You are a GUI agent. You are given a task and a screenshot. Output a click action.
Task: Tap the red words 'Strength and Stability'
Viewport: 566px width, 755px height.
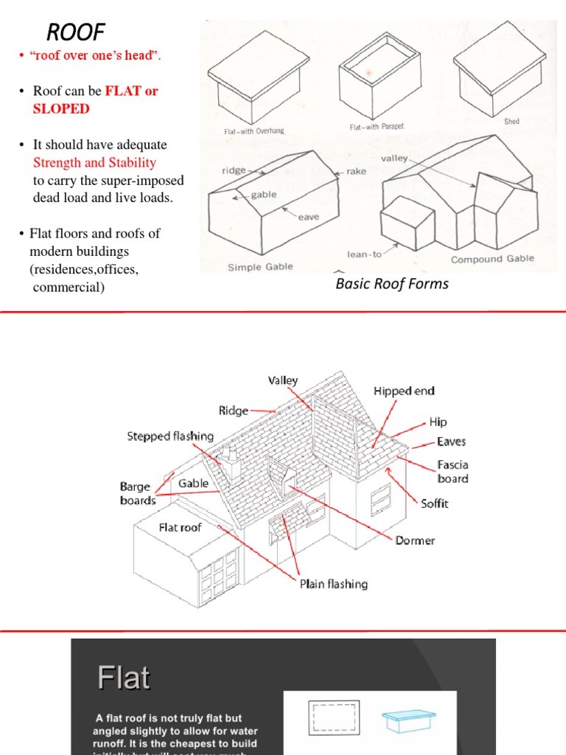pos(94,162)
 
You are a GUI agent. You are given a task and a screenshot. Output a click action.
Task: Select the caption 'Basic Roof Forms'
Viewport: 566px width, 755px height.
pos(391,284)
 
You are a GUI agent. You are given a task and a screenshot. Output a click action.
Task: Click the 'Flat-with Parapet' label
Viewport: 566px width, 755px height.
pos(376,127)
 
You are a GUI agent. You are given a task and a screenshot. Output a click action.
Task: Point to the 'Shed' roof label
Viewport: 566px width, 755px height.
pos(511,122)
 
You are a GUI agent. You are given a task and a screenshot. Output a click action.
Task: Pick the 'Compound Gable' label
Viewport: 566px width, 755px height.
pos(492,260)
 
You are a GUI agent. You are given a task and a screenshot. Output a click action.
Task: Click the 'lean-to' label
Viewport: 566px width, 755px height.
pos(365,254)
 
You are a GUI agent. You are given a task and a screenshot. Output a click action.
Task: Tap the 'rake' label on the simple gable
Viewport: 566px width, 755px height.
pos(356,171)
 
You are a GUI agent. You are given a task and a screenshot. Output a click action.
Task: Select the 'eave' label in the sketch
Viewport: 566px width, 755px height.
pos(308,217)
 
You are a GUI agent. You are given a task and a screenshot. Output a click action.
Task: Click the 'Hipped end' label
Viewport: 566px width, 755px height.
pos(404,391)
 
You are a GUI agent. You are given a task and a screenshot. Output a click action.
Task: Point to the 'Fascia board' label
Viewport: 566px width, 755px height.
pos(453,472)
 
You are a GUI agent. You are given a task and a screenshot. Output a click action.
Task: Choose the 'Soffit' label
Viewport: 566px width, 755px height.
pos(434,504)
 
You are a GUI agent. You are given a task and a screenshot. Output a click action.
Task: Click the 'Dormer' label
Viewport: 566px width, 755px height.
pos(415,540)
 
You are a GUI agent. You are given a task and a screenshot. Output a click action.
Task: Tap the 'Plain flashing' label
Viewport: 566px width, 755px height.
pos(333,584)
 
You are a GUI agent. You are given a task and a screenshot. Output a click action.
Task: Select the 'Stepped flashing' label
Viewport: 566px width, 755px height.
pos(170,436)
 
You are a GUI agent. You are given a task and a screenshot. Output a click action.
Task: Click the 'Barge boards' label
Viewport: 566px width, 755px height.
pos(138,493)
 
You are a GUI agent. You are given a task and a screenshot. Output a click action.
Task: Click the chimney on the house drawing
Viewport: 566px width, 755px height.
pos(231,462)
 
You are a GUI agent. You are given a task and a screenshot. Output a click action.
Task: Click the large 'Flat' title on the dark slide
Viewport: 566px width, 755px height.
pos(124,678)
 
